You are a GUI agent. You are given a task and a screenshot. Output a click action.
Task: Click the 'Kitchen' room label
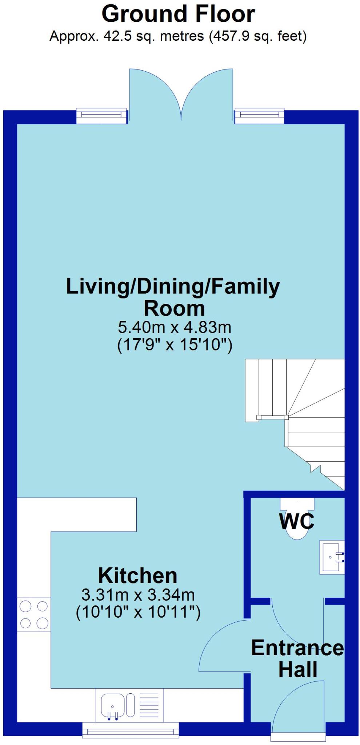pyautogui.click(x=138, y=576)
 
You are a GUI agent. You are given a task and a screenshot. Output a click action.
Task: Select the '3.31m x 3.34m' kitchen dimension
pyautogui.click(x=138, y=595)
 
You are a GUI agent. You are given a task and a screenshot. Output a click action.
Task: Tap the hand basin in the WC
pyautogui.click(x=331, y=557)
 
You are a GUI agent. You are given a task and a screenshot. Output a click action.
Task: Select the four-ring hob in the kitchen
pyautogui.click(x=34, y=615)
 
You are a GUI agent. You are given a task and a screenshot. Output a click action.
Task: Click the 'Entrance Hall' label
pyautogui.click(x=297, y=658)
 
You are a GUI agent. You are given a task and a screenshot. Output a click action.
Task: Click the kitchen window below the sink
pyautogui.click(x=131, y=729)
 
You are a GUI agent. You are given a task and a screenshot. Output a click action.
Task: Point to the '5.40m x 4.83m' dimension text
pyautogui.click(x=175, y=327)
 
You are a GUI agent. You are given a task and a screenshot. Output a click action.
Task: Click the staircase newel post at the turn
pyautogui.click(x=286, y=417)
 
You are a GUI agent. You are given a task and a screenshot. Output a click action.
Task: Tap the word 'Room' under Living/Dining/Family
pyautogui.click(x=175, y=308)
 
